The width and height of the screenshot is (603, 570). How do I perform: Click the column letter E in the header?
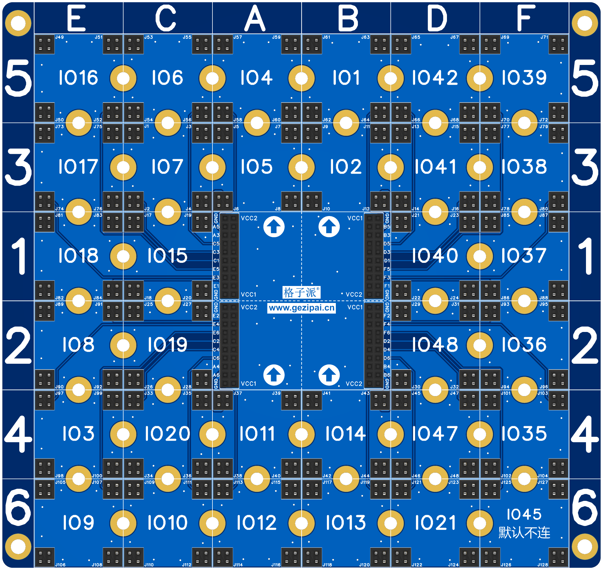76,18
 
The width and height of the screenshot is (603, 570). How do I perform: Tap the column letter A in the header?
255,18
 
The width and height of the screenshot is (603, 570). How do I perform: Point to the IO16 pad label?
78,77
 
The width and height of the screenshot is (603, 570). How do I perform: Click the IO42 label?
435,77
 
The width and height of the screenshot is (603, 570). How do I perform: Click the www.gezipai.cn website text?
301,308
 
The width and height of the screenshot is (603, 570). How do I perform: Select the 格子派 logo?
301,292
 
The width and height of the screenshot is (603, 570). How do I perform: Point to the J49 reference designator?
59,37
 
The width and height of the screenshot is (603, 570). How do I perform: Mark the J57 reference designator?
238,37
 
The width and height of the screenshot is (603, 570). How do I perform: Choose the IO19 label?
167,345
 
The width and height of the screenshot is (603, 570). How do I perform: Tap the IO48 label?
435,345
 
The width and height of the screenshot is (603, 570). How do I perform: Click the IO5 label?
257,166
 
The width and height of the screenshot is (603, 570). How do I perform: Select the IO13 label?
346,523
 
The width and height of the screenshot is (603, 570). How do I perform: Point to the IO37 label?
524,256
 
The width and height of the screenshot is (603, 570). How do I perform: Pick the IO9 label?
78,523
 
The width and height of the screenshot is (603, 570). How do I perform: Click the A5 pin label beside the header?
216,227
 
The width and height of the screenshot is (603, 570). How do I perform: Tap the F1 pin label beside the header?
387,286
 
